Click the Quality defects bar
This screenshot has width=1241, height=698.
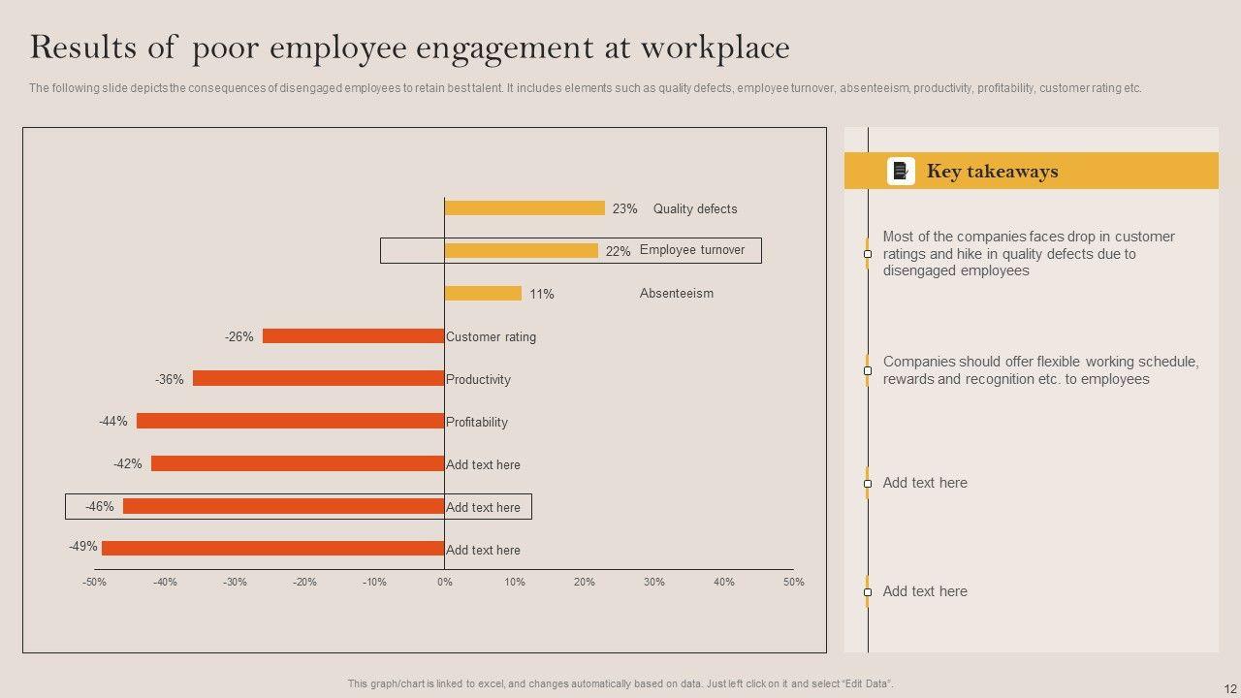click(525, 208)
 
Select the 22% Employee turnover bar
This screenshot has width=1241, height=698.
click(522, 251)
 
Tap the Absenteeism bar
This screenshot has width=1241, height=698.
click(483, 294)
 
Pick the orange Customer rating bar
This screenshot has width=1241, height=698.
click(353, 336)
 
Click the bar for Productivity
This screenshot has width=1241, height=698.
click(318, 379)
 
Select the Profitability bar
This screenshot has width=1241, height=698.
click(290, 422)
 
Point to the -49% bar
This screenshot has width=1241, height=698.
click(272, 549)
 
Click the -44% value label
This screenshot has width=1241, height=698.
click(112, 422)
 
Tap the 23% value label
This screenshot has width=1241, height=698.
click(624, 209)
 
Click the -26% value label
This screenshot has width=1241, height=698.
click(239, 337)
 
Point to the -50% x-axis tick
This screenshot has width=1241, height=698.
click(94, 583)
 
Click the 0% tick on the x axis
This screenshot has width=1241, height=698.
click(444, 583)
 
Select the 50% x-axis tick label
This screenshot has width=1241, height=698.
click(794, 583)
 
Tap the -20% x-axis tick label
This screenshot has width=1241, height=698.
click(304, 583)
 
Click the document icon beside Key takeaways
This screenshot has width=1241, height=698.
click(901, 172)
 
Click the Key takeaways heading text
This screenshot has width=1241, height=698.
click(992, 172)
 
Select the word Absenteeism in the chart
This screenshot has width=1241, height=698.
click(676, 294)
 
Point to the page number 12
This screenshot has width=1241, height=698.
click(1229, 689)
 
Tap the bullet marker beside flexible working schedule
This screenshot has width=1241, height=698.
click(868, 370)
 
